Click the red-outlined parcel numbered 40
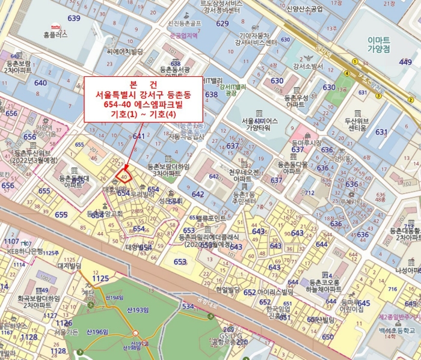[124, 177]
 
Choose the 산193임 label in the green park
[137, 310]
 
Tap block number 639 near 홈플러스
[73, 18]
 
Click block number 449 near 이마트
[405, 62]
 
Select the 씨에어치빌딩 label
[124, 52]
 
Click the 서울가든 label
[67, 331]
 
